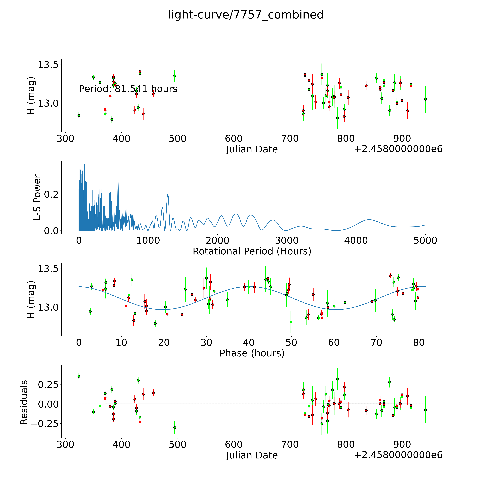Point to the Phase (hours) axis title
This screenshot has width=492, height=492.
click(x=252, y=353)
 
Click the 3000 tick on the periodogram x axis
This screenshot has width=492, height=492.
click(x=287, y=240)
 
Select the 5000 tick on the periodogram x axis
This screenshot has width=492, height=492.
click(x=425, y=240)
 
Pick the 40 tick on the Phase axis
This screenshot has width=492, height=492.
click(x=249, y=342)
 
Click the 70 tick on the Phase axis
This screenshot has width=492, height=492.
click(x=376, y=342)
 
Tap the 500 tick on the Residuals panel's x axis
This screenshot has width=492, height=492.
click(x=177, y=444)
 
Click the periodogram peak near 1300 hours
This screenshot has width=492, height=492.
click(x=168, y=194)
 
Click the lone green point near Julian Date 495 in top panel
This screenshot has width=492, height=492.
click(x=175, y=76)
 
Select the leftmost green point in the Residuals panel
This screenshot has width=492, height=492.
click(x=79, y=376)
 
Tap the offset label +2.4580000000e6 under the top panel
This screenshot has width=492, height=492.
click(x=398, y=149)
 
